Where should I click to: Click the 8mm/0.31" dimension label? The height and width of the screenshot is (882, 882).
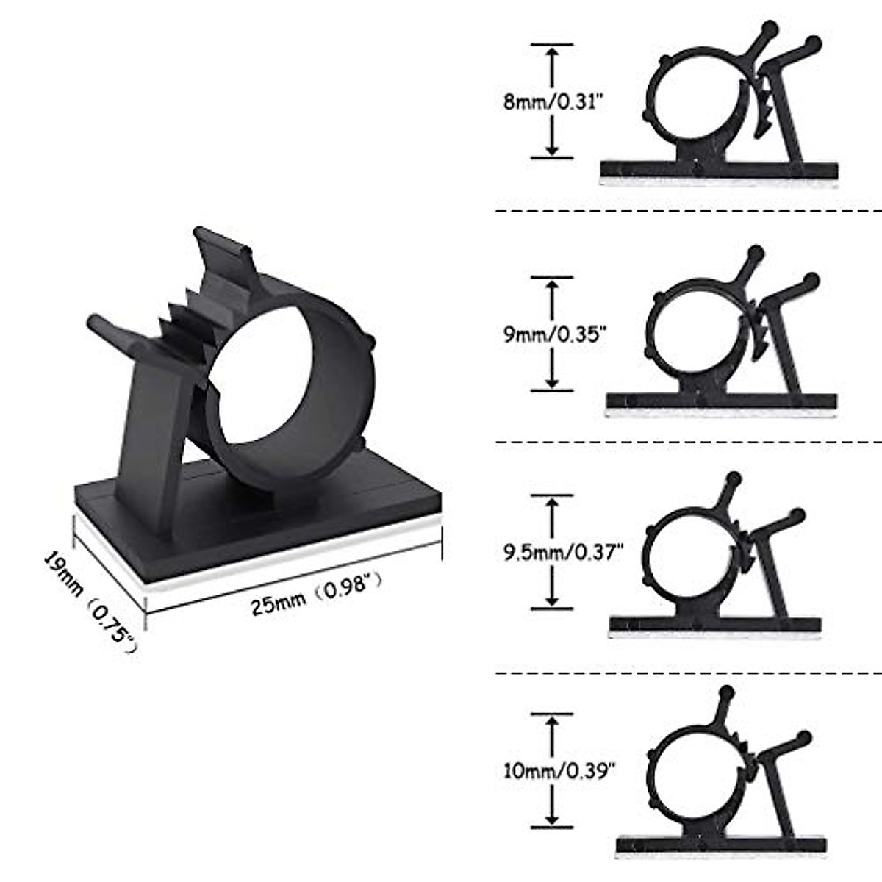[553, 101]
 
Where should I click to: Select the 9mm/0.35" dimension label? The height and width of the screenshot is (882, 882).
[554, 334]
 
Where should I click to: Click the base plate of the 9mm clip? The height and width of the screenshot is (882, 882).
[720, 401]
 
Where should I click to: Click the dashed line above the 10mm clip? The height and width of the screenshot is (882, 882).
[688, 673]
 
